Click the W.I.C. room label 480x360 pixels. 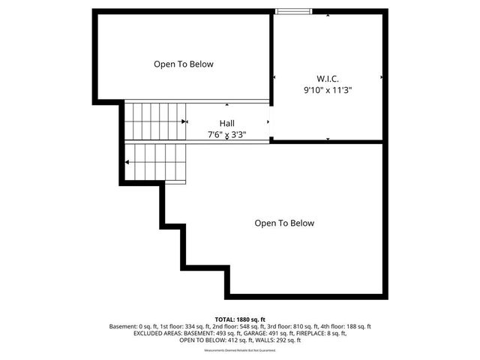pos(328,78)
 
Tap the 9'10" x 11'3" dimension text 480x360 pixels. pos(328,90)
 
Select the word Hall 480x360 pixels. pos(226,123)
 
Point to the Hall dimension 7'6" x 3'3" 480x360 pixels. pos(226,135)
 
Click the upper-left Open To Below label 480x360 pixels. pos(184,64)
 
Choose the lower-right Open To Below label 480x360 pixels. pos(284,223)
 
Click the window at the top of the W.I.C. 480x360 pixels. pos(293,11)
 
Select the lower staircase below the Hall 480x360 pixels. pos(156,162)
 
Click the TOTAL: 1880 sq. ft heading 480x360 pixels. pos(240,319)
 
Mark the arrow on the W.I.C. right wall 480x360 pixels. pos(382,76)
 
